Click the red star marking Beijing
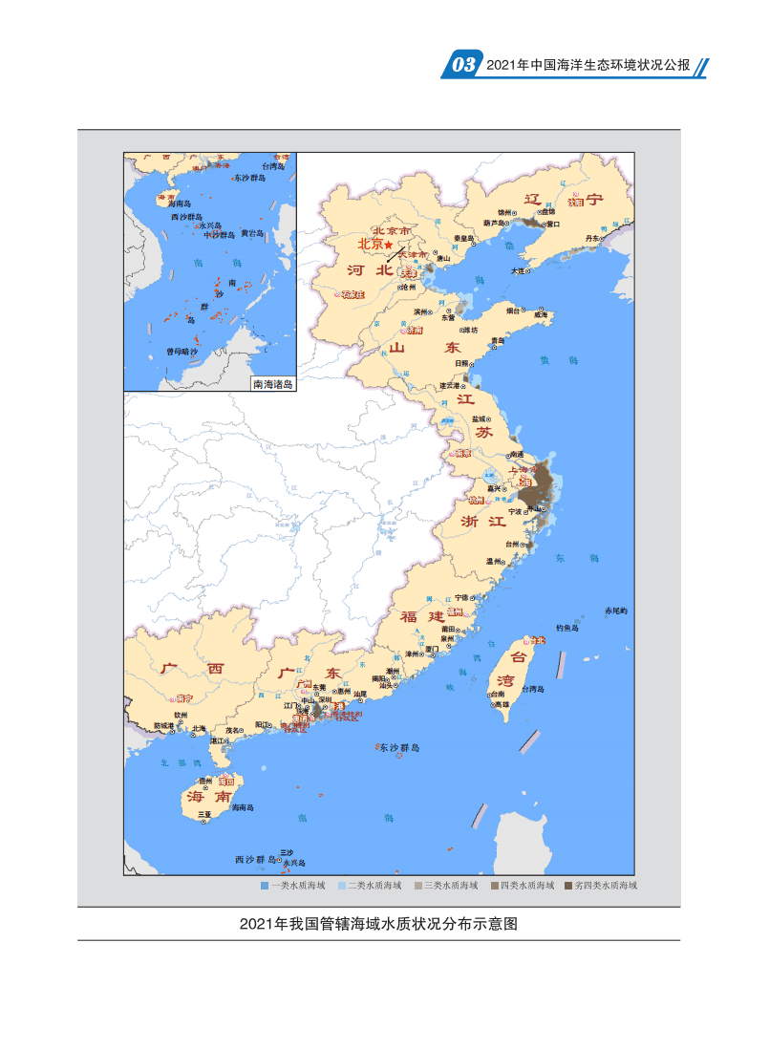click(389, 246)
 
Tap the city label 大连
click(517, 271)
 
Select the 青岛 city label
click(497, 340)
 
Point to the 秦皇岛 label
click(464, 238)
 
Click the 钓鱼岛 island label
click(568, 628)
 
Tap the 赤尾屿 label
click(616, 611)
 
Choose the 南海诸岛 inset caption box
click(272, 384)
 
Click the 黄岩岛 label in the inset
click(251, 232)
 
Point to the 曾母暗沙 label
click(182, 352)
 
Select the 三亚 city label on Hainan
click(204, 815)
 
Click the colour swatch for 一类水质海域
click(265, 886)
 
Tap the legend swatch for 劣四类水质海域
click(568, 886)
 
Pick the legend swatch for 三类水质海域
click(417, 886)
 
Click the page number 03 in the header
click(463, 65)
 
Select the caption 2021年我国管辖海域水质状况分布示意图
click(378, 924)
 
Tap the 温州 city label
click(494, 562)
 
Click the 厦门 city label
click(432, 649)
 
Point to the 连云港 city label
click(448, 386)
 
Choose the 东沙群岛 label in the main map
click(399, 748)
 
